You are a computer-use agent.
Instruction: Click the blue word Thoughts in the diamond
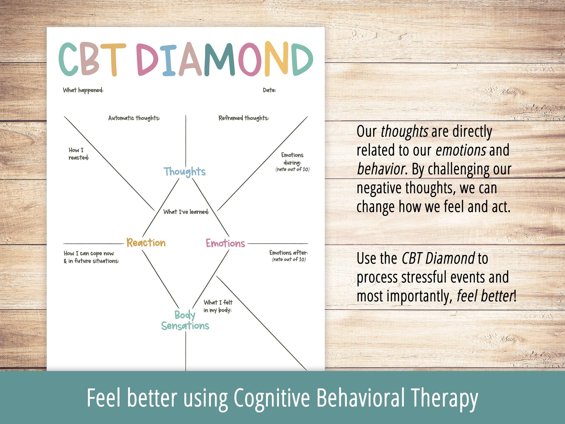pyautogui.click(x=184, y=171)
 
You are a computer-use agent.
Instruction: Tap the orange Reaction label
pyautogui.click(x=146, y=243)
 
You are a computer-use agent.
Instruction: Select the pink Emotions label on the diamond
pyautogui.click(x=225, y=243)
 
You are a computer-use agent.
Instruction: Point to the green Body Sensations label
pyautogui.click(x=185, y=320)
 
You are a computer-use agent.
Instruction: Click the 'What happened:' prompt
pyautogui.click(x=83, y=90)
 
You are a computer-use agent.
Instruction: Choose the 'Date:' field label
pyautogui.click(x=269, y=90)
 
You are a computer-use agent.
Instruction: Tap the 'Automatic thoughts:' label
pyautogui.click(x=134, y=118)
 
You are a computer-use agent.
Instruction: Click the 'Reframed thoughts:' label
pyautogui.click(x=244, y=118)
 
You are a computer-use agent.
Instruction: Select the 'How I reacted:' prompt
pyautogui.click(x=79, y=154)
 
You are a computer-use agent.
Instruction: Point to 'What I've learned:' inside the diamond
pyautogui.click(x=186, y=212)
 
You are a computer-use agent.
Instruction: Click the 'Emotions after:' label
pyautogui.click(x=288, y=253)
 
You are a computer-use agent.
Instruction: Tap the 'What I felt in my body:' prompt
pyautogui.click(x=218, y=306)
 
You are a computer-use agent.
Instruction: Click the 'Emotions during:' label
pyautogui.click(x=292, y=159)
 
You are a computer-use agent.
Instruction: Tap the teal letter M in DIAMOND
pyautogui.click(x=219, y=59)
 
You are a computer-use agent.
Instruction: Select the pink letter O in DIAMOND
pyautogui.click(x=250, y=59)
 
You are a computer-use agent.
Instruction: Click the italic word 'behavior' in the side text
pyautogui.click(x=381, y=169)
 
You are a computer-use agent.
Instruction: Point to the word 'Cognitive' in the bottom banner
pyautogui.click(x=272, y=398)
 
